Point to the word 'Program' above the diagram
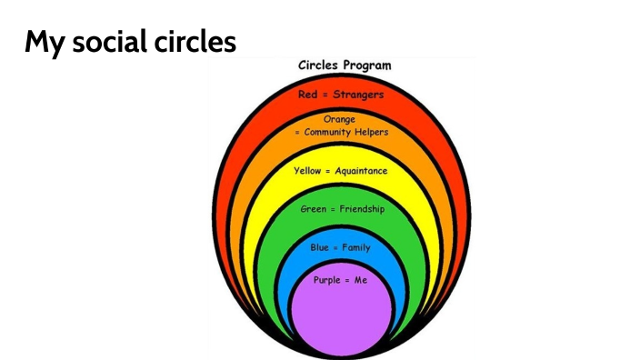tap(368, 66)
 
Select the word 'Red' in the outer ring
tap(307, 94)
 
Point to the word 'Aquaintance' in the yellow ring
tap(361, 171)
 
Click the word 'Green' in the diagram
tap(313, 209)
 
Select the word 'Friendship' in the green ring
tap(362, 209)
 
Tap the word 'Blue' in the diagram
tap(319, 247)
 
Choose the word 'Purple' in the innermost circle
tap(327, 280)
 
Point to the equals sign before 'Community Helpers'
tap(296, 133)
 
